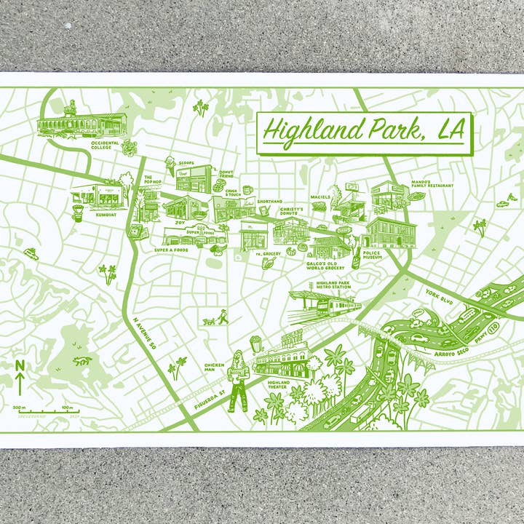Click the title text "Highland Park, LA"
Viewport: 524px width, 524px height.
point(364,131)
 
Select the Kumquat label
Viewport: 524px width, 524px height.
point(105,215)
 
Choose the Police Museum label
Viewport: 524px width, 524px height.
point(372,255)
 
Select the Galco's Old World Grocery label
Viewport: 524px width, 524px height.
point(325,266)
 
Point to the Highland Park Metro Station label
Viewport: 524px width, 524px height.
point(333,285)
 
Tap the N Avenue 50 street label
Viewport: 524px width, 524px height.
point(145,331)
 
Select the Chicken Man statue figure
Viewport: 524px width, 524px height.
point(238,382)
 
